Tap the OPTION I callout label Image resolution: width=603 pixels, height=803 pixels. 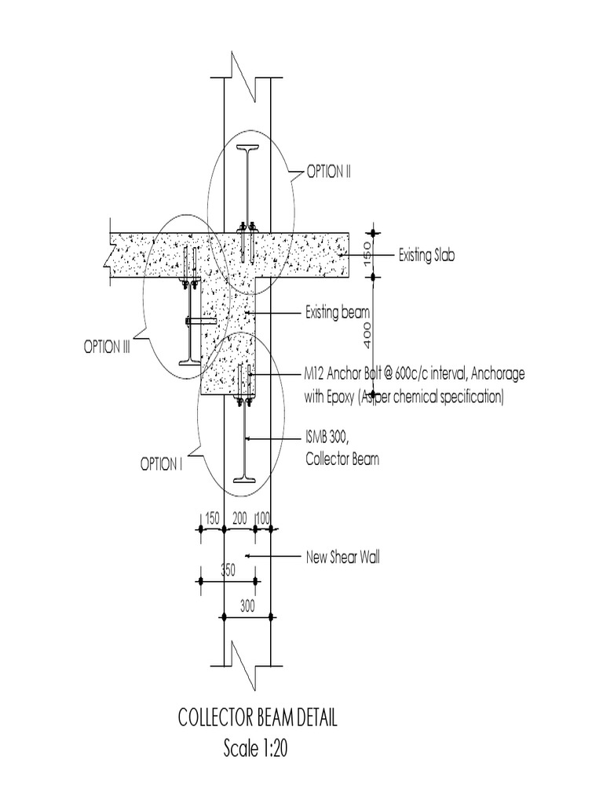(x=162, y=464)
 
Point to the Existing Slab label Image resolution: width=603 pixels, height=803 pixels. (x=426, y=255)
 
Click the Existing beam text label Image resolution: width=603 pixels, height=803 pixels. (x=338, y=314)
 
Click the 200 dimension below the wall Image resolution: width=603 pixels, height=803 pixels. (x=239, y=518)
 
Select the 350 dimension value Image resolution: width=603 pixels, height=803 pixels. (x=228, y=572)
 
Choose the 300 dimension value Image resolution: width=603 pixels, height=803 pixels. (x=247, y=606)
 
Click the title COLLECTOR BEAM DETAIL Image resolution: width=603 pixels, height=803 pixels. (x=258, y=719)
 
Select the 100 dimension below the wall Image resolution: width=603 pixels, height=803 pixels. (x=264, y=518)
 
